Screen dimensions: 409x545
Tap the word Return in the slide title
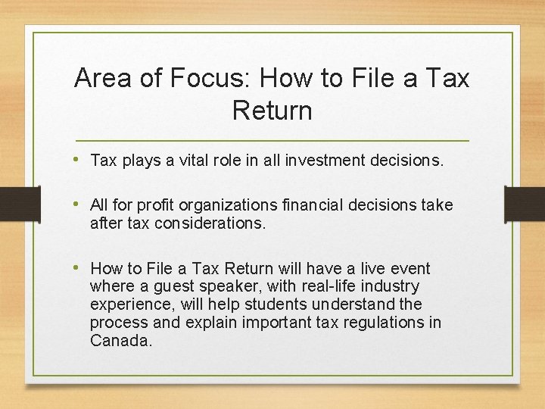tap(272, 111)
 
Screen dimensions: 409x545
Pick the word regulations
tap(382, 323)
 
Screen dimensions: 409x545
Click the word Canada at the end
tap(120, 342)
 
